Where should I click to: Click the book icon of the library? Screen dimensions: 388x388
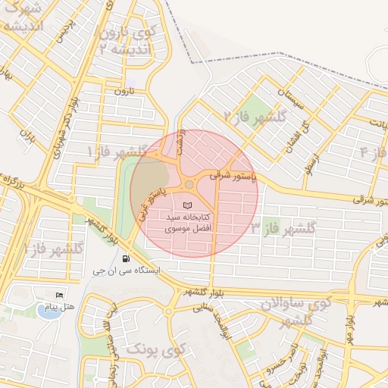click(189, 205)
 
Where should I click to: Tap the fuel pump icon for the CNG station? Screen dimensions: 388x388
click(125, 258)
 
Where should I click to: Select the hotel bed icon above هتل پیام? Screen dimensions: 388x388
click(60, 294)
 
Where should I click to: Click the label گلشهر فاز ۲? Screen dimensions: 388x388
click(254, 116)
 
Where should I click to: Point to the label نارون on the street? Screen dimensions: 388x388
click(123, 91)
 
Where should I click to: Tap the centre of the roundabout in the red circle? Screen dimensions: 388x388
click(189, 184)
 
